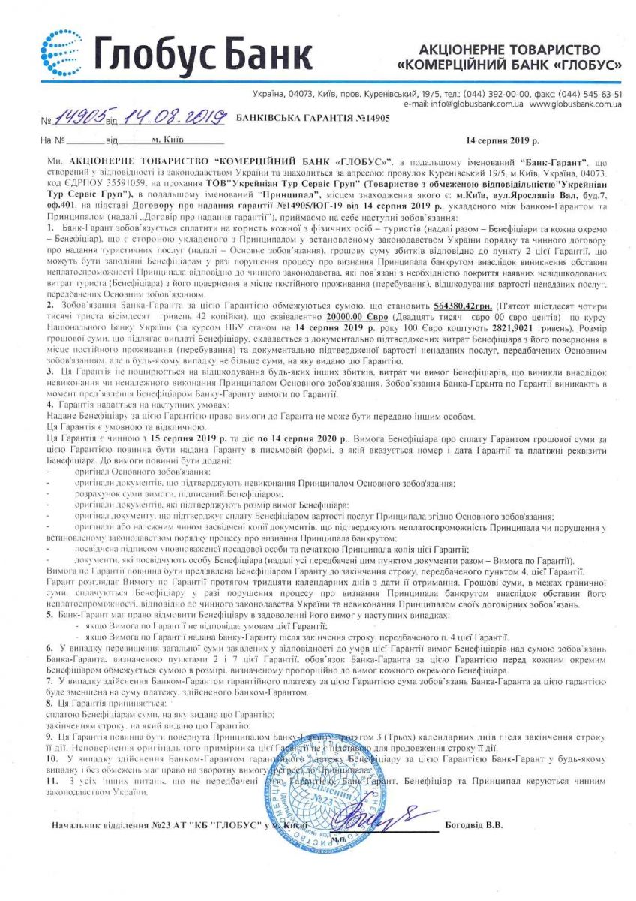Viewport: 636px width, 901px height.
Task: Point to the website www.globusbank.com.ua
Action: pyautogui.click(x=575, y=104)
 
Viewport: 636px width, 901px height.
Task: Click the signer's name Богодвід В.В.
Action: pyautogui.click(x=474, y=825)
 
